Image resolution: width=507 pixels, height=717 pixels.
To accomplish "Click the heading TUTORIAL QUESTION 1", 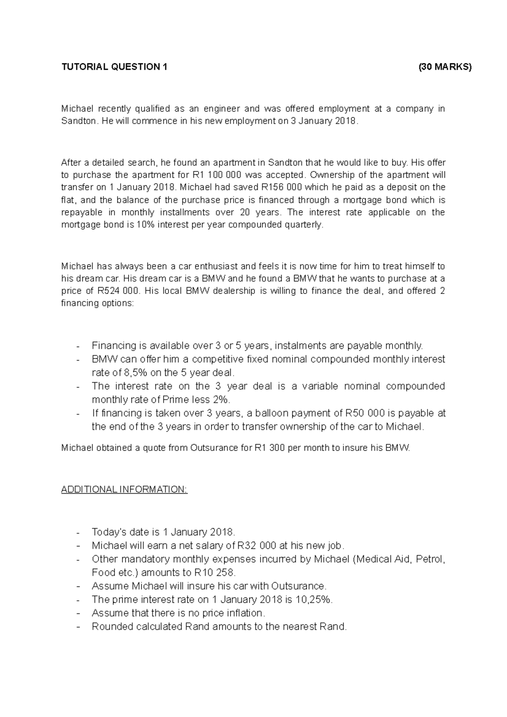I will click(x=114, y=67).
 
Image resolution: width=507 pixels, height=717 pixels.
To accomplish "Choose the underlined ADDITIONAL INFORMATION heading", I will click(x=124, y=489).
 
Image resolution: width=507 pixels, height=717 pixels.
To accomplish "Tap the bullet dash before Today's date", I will click(x=78, y=532).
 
